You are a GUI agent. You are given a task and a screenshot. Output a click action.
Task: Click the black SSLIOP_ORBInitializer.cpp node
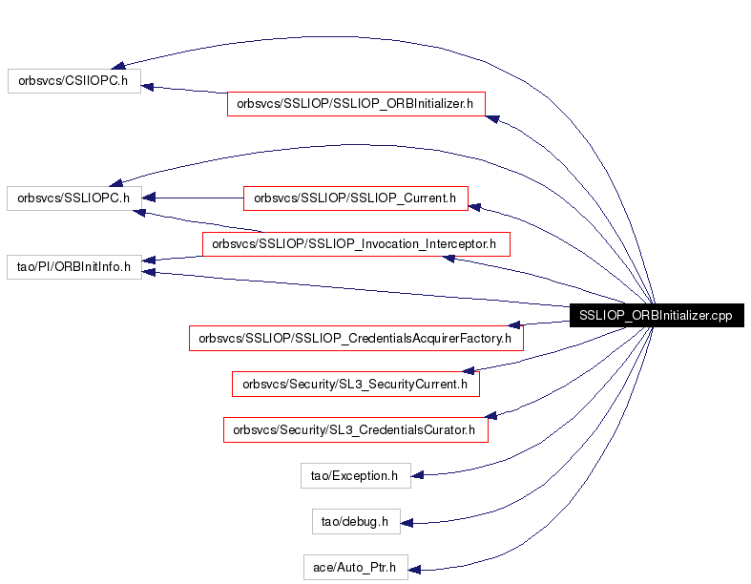(x=657, y=315)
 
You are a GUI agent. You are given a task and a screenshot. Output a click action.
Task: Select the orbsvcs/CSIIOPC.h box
(x=74, y=81)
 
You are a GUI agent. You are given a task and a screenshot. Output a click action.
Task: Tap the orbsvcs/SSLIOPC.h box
(x=74, y=198)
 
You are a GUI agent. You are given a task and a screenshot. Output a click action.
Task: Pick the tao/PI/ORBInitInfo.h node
(x=74, y=267)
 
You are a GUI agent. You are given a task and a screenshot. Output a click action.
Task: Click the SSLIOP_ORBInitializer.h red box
(x=356, y=104)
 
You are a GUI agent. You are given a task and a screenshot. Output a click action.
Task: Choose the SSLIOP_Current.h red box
(x=356, y=198)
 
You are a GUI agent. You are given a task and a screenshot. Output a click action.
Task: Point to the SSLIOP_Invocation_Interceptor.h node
(x=356, y=244)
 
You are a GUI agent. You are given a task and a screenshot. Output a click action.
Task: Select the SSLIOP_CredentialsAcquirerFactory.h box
(x=356, y=338)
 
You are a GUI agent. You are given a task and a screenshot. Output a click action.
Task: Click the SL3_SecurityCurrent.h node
(x=356, y=385)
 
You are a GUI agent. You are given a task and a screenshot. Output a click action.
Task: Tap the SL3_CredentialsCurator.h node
(x=356, y=430)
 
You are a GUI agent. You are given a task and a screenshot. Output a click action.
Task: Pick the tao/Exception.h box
(x=356, y=476)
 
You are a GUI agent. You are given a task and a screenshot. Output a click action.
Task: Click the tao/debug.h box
(x=356, y=522)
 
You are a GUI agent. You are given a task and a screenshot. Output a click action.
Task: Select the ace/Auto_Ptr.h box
(x=356, y=567)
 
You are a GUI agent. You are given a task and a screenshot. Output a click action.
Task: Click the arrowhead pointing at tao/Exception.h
(x=417, y=475)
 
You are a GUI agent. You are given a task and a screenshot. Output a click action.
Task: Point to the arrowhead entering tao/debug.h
(x=407, y=523)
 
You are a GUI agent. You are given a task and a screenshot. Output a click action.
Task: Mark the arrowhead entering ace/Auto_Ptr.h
(x=414, y=570)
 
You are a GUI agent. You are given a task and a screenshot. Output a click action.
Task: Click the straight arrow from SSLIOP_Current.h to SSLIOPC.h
(x=193, y=198)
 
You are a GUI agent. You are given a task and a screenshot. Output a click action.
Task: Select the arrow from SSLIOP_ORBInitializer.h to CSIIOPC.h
(x=184, y=90)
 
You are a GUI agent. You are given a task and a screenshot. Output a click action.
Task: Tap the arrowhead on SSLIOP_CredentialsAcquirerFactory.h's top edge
(x=514, y=324)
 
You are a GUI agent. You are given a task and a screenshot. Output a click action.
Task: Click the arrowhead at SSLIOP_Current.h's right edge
(x=474, y=207)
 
